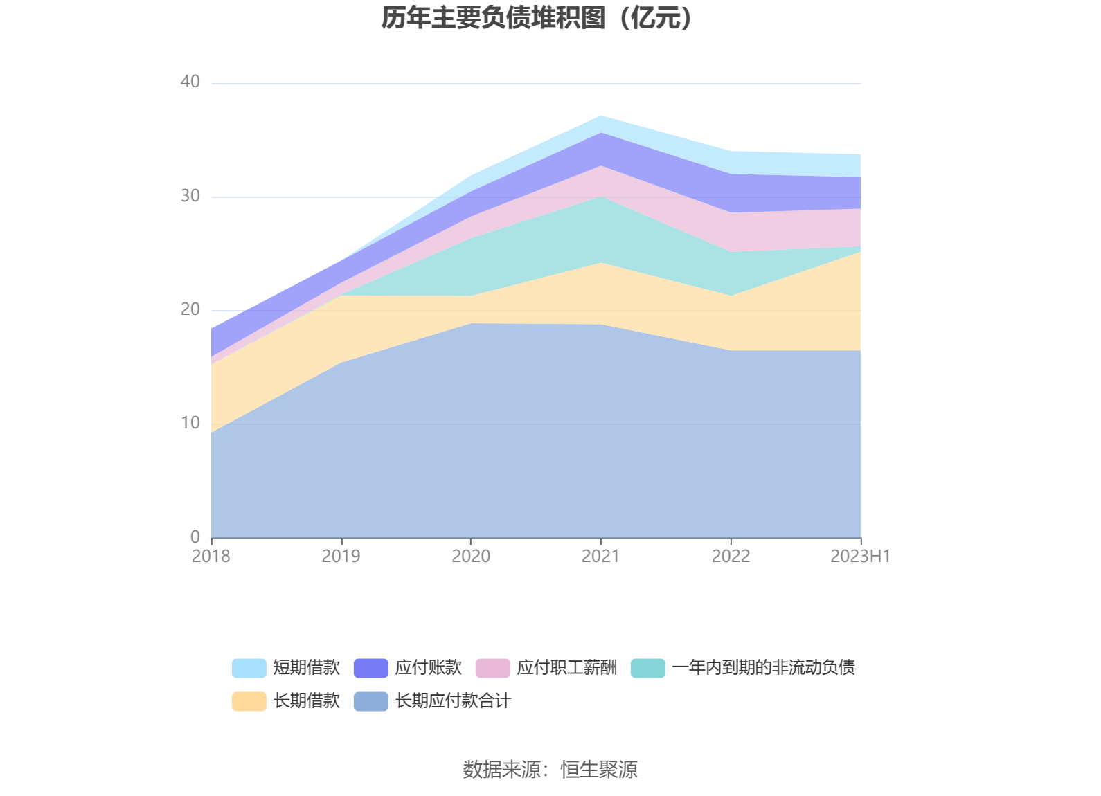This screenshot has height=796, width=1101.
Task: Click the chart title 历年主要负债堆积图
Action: (537, 18)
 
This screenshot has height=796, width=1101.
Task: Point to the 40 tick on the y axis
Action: (190, 82)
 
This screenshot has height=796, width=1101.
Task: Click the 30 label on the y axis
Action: (190, 197)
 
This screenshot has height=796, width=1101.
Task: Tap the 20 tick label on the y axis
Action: (190, 310)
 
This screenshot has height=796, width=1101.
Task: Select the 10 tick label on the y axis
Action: (190, 424)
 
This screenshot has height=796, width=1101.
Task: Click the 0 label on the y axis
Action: (195, 537)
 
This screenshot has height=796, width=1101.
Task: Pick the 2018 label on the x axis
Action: (211, 557)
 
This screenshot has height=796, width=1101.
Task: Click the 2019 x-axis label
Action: (341, 557)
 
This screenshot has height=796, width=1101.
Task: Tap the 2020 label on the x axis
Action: (471, 557)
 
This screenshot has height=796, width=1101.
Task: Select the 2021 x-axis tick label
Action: (600, 557)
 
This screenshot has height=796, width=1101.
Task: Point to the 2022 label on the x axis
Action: (731, 557)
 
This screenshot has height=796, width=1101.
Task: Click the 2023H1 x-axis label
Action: (860, 557)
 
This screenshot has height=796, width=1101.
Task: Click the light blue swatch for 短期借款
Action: (249, 668)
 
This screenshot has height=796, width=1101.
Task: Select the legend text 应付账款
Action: (428, 668)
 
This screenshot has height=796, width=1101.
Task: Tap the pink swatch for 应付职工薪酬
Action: (492, 668)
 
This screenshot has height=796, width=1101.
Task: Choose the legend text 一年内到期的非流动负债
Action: (763, 668)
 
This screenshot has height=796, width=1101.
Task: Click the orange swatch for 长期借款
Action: (249, 701)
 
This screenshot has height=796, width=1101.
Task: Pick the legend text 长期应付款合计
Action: (453, 701)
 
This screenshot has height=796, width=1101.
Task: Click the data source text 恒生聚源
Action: (599, 770)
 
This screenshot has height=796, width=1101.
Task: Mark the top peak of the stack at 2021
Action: (601, 116)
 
